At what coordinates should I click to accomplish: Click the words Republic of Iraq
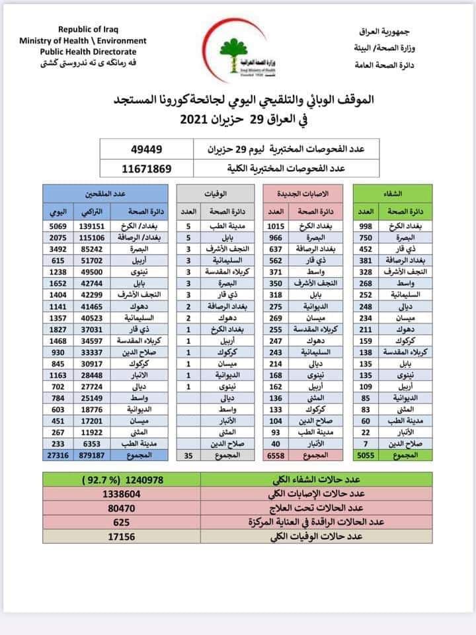(x=89, y=29)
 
